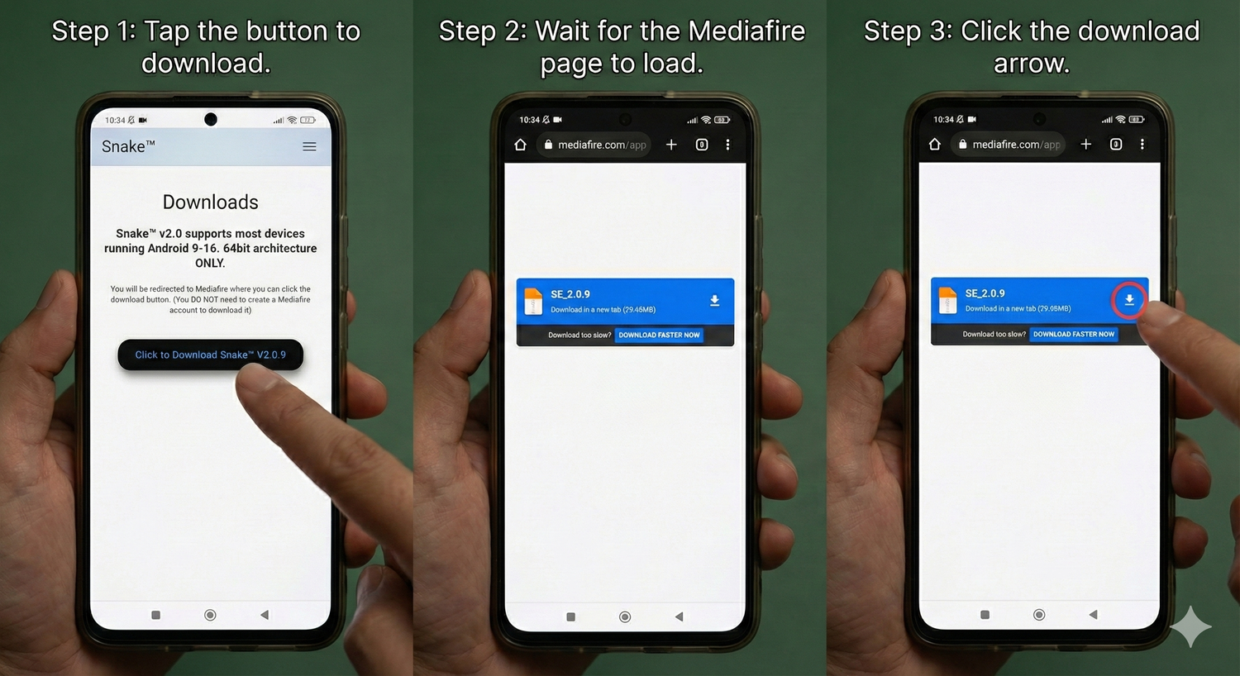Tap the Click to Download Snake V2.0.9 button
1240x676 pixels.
(x=210, y=355)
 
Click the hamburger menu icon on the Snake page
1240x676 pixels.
(x=309, y=146)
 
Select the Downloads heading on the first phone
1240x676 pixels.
(x=210, y=202)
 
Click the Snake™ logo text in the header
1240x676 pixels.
(x=128, y=146)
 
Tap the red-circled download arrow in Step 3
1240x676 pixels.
(x=1129, y=300)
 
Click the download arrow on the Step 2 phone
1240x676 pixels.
(x=715, y=300)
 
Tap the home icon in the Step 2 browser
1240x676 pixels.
(x=520, y=145)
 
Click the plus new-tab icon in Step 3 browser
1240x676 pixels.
(x=1086, y=145)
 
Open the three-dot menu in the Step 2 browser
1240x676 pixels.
(x=728, y=145)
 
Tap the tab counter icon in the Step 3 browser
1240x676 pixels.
(x=1116, y=145)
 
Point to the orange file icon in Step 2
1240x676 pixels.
(x=533, y=302)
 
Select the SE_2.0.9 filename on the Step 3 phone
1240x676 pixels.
(x=985, y=293)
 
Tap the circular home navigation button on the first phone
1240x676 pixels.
(x=210, y=615)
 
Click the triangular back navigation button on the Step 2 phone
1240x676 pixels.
(x=680, y=616)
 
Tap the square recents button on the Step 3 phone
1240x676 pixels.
(x=985, y=615)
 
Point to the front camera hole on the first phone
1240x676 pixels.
(x=210, y=120)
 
